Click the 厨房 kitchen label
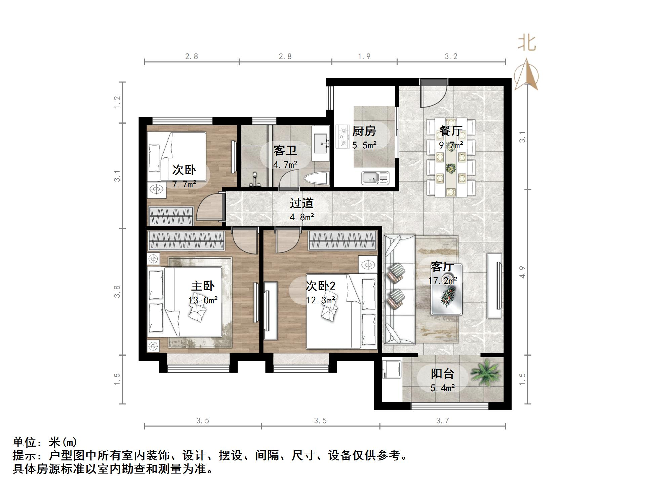(364, 131)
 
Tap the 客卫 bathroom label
(285, 150)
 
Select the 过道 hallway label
(301, 203)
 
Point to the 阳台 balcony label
(442, 374)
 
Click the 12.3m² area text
(321, 300)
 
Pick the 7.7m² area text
(184, 184)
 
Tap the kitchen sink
(375, 178)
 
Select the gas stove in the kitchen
(343, 137)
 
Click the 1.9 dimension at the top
(364, 56)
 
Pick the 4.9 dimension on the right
(522, 272)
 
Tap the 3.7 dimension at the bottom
(442, 421)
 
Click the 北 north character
(526, 44)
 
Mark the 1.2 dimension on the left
(117, 102)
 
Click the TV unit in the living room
(494, 286)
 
